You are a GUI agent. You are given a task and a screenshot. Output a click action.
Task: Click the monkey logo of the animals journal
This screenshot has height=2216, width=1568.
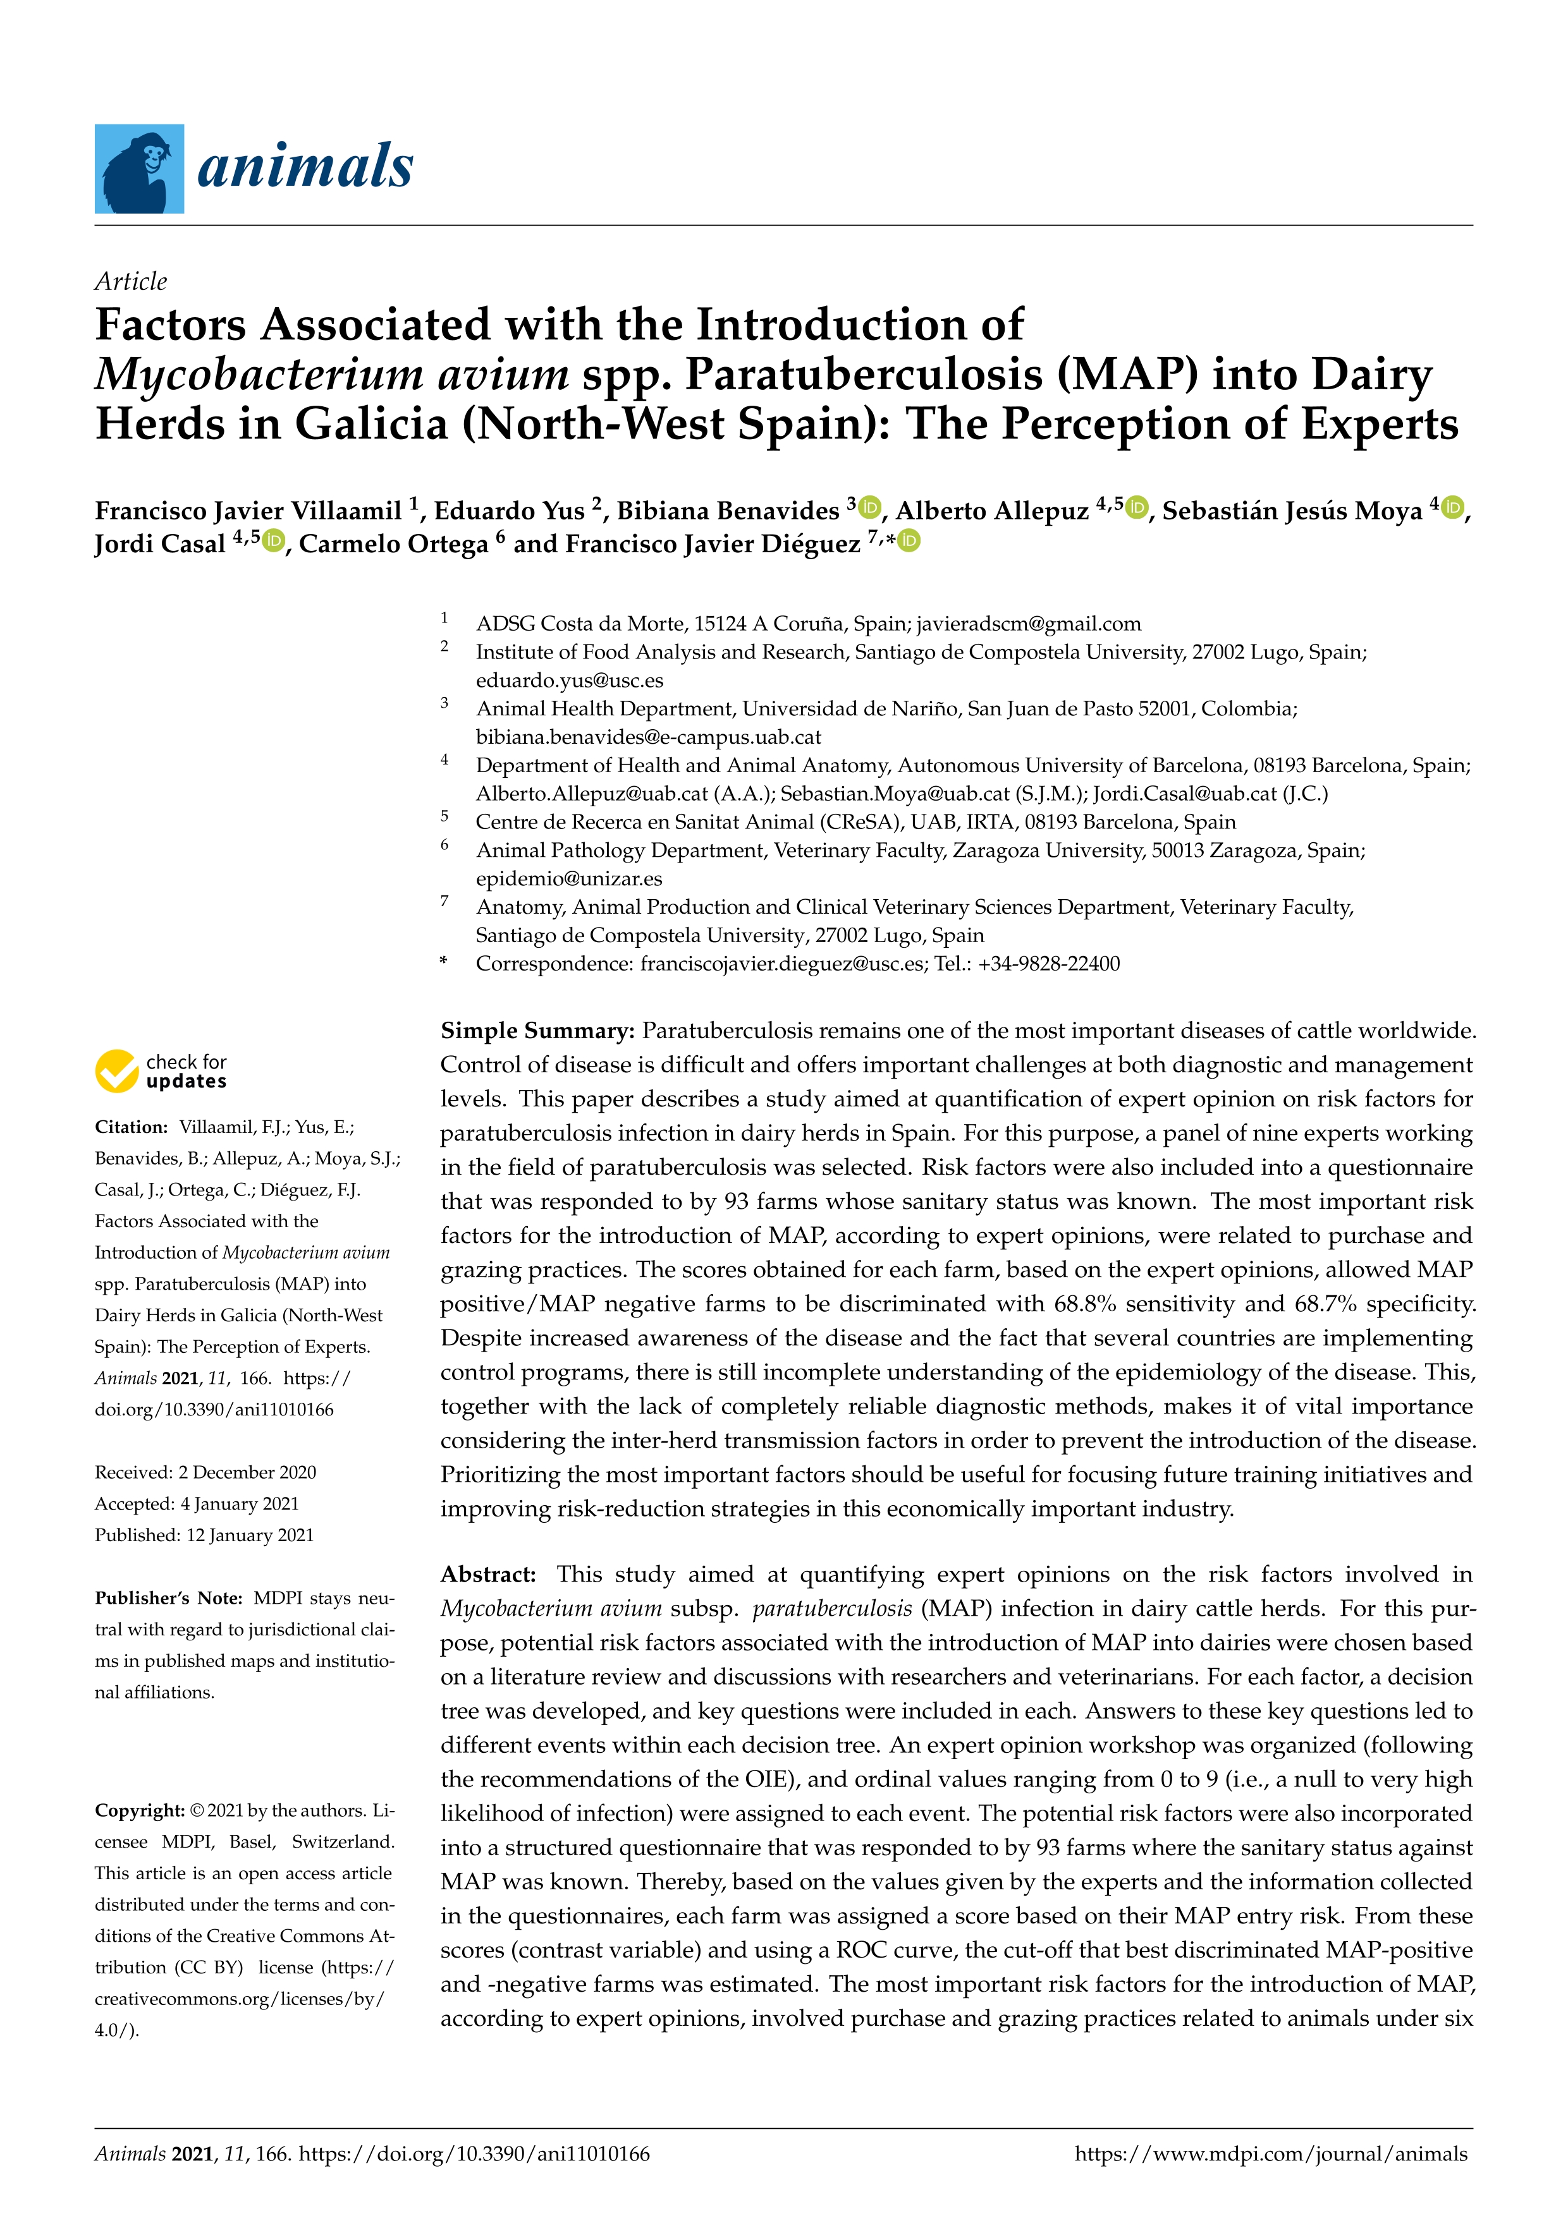[139, 168]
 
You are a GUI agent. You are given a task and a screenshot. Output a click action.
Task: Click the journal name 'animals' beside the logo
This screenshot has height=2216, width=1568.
[305, 166]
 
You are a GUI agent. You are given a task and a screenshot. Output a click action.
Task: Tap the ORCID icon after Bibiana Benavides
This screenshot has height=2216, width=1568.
[870, 507]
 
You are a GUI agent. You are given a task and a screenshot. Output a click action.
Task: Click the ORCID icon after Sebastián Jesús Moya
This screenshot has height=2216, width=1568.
[1452, 507]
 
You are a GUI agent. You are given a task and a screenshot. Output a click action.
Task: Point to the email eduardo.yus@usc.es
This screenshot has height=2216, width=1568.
[570, 681]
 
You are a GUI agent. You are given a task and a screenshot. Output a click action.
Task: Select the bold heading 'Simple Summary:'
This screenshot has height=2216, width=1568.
[537, 1031]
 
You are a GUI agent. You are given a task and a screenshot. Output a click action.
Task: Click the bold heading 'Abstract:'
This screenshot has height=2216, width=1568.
[487, 1574]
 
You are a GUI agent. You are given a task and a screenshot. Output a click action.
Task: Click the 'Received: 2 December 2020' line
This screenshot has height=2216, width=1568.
[205, 1472]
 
